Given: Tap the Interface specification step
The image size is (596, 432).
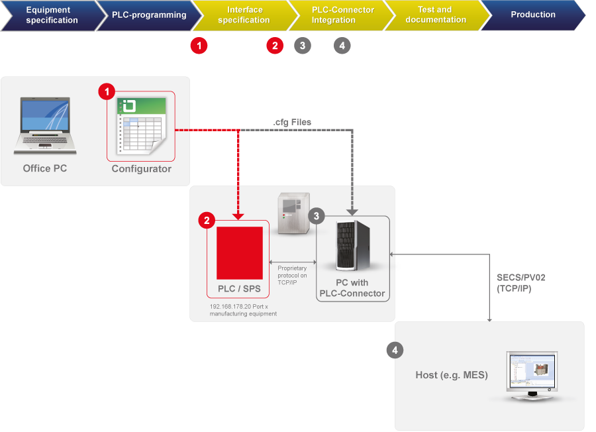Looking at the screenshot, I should tap(244, 15).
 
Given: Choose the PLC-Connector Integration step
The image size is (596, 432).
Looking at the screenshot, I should tap(342, 15).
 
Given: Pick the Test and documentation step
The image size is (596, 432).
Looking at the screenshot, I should tap(435, 15).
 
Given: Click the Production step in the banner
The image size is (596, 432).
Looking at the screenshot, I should tap(533, 15).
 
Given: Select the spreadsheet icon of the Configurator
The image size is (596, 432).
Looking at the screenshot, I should tap(141, 127).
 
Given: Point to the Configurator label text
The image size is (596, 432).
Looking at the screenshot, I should tap(141, 169).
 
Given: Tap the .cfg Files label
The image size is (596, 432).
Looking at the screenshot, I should tap(292, 123).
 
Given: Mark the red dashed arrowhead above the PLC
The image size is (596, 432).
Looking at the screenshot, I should tap(239, 215).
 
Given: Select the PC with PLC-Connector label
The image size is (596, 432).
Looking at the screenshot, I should tap(352, 288).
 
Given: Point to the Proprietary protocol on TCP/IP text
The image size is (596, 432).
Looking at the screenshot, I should tap(292, 275).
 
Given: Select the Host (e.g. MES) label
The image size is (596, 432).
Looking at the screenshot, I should tap(452, 375).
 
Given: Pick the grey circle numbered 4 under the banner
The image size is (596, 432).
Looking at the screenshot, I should tap(342, 46).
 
